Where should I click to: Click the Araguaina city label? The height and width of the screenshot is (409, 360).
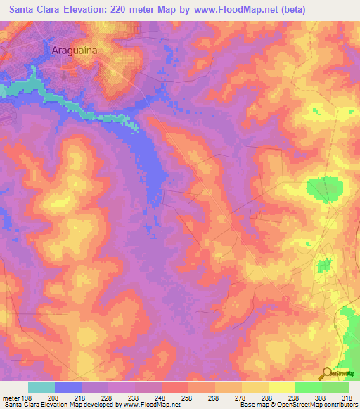tap(73, 51)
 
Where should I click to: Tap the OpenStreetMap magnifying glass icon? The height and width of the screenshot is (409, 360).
tap(325, 373)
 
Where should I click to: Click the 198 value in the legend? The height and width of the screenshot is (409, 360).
tap(28, 398)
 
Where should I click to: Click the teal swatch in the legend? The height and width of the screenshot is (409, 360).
tap(41, 387)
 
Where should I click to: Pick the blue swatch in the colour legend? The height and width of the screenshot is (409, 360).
tap(68, 387)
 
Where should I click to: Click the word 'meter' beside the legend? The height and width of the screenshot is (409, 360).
tap(10, 398)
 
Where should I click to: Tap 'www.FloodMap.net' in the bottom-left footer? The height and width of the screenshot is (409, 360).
tap(150, 405)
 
